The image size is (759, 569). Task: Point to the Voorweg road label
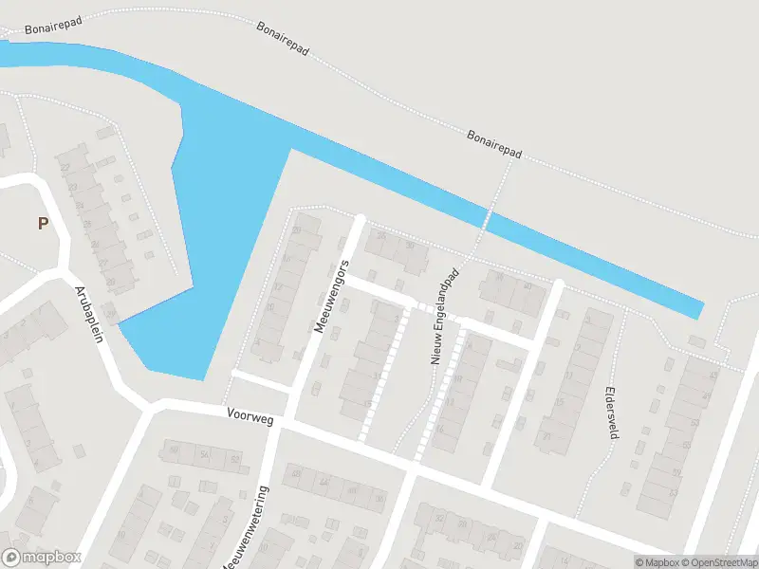pyautogui.click(x=250, y=416)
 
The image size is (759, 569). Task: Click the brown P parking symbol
pyautogui.click(x=42, y=224)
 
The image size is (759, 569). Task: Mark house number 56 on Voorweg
pyautogui.click(x=204, y=455)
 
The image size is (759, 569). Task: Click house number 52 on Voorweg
pyautogui.click(x=234, y=460)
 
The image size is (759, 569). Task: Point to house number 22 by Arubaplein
pyautogui.click(x=65, y=168)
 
